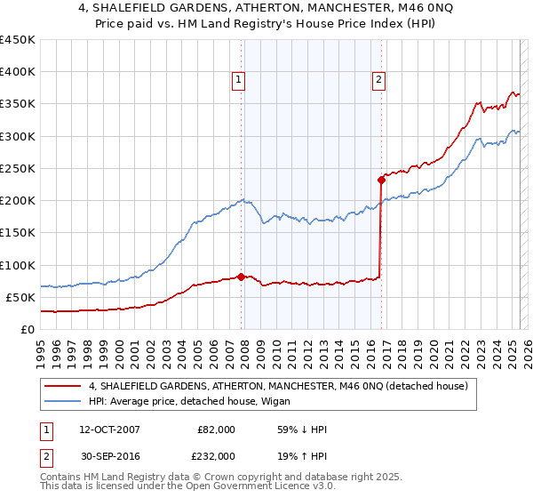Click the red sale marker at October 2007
tap(242, 277)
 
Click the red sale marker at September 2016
tap(381, 180)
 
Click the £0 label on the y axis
tap(28, 329)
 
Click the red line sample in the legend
tap(62, 387)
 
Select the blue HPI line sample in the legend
tap(62, 401)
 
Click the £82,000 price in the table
tap(217, 430)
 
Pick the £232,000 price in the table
tap(213, 454)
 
